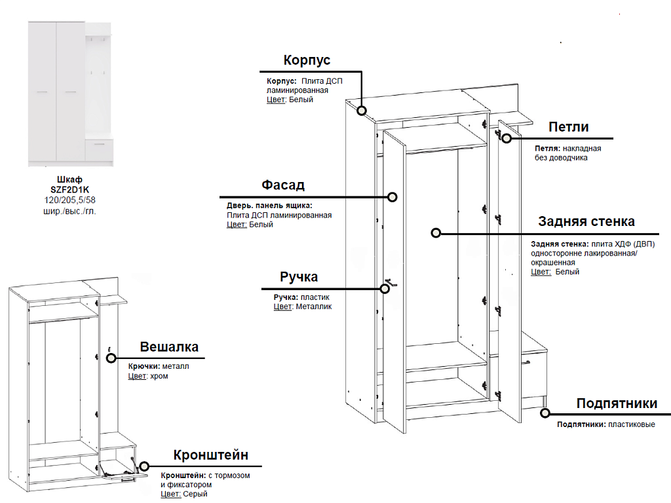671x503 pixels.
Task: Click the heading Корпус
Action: tap(307, 60)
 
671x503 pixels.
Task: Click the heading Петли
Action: tap(569, 127)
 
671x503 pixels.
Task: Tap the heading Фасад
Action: tap(283, 185)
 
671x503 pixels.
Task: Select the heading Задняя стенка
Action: tap(586, 221)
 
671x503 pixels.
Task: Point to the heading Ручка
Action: tap(299, 276)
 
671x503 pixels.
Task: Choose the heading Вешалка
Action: tap(169, 346)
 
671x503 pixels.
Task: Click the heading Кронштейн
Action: tap(211, 455)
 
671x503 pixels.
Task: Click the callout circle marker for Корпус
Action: tap(362, 111)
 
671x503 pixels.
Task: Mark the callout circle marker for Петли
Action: tap(507, 138)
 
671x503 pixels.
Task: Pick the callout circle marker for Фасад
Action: tap(393, 196)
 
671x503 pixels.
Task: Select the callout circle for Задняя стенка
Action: tap(436, 233)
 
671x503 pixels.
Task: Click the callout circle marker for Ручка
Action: tap(387, 288)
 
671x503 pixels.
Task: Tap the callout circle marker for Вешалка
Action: tap(111, 358)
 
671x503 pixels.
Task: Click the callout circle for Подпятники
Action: tap(545, 413)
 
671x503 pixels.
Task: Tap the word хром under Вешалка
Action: tap(159, 377)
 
